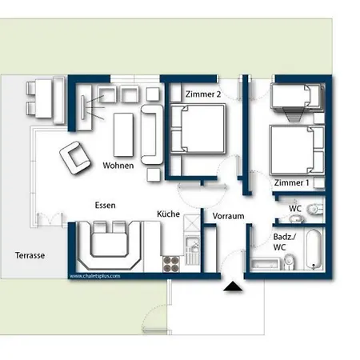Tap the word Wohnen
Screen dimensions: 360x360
pyautogui.click(x=118, y=166)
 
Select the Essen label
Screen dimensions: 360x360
pyautogui.click(x=105, y=206)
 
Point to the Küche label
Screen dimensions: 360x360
pyautogui.click(x=168, y=214)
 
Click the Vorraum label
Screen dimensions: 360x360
pyautogui.click(x=227, y=216)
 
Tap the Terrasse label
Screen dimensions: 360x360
pyautogui.click(x=30, y=256)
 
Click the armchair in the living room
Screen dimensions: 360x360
pyautogui.click(x=74, y=157)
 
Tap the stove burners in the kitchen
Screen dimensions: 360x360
pyautogui.click(x=172, y=262)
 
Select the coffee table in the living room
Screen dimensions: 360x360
pyautogui.click(x=124, y=133)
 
